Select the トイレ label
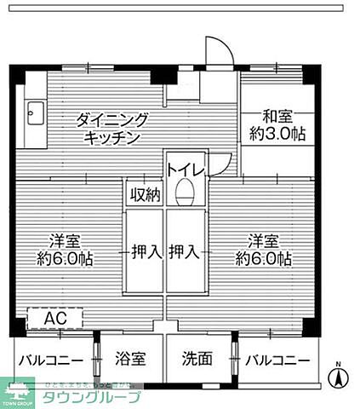click(183, 170)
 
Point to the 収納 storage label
click(145, 194)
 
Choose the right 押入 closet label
click(185, 251)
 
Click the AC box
click(55, 318)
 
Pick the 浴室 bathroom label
click(132, 359)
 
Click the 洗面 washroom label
click(197, 359)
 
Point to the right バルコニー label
click(277, 359)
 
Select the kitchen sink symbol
click(36, 112)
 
